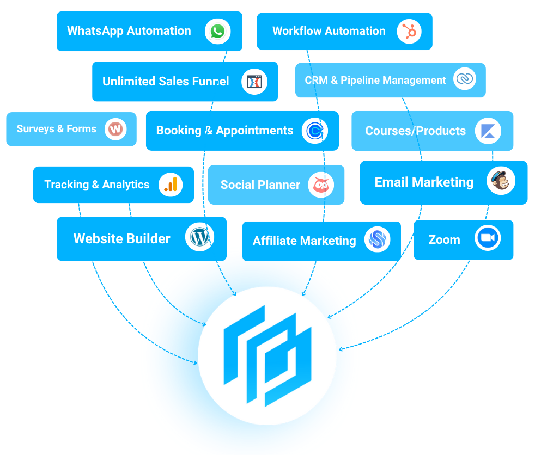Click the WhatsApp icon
tap(218, 31)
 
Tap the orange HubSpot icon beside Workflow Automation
tap(409, 31)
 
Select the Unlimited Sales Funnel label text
tap(166, 82)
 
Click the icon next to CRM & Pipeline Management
tap(464, 79)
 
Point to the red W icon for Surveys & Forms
tap(115, 129)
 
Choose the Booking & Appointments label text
tap(224, 131)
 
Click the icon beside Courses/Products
tap(488, 131)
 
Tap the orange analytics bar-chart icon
tap(171, 185)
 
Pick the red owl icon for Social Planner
tap(321, 185)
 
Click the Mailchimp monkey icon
tap(501, 182)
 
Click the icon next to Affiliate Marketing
tap(377, 239)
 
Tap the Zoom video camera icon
tap(487, 238)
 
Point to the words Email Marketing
tap(424, 182)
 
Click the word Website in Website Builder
tap(97, 238)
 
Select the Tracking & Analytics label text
tap(96, 185)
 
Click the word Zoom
tap(444, 239)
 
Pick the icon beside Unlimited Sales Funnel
tap(254, 82)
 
